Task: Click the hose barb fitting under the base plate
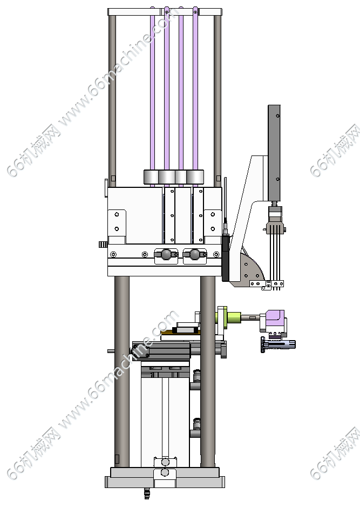[x=147, y=493]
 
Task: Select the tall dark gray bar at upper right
[x=274, y=153]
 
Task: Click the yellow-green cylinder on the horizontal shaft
[x=233, y=317]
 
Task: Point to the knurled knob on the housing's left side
[x=103, y=244]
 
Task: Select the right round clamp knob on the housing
[x=194, y=254]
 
